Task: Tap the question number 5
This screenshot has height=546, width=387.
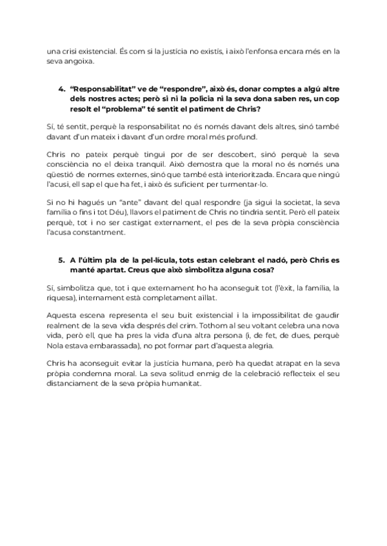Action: pos(61,259)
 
